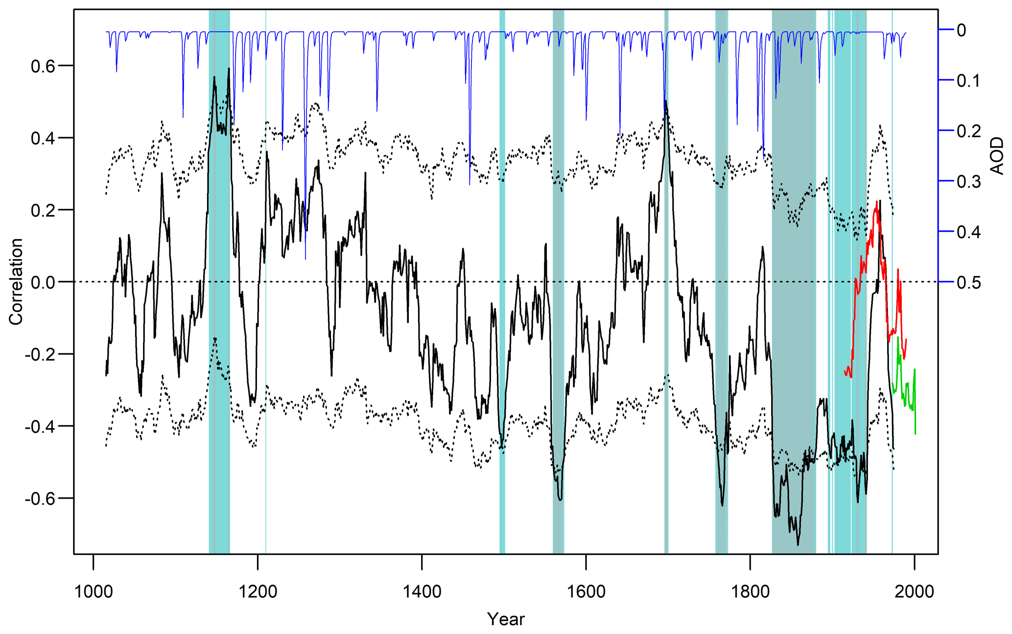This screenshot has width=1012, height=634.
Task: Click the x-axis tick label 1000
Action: tap(93, 591)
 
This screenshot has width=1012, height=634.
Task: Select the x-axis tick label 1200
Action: tap(258, 591)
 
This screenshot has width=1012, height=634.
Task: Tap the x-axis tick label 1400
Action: tap(422, 591)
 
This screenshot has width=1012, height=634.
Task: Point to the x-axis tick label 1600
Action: tap(586, 591)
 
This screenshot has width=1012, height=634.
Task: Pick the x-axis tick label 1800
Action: tap(750, 591)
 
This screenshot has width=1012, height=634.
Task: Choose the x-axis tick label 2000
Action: tap(914, 591)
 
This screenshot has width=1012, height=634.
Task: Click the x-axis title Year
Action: tap(506, 619)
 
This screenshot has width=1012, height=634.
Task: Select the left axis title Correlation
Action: tap(16, 282)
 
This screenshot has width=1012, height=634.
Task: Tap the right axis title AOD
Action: tap(997, 156)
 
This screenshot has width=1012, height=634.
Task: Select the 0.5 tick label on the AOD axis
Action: tap(968, 283)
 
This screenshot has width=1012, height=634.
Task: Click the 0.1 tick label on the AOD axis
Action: tap(968, 81)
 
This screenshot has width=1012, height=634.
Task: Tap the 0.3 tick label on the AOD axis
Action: tap(968, 182)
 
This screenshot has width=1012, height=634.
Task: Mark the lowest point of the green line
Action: tap(916, 434)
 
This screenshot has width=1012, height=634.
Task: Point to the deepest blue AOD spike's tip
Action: tap(306, 259)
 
